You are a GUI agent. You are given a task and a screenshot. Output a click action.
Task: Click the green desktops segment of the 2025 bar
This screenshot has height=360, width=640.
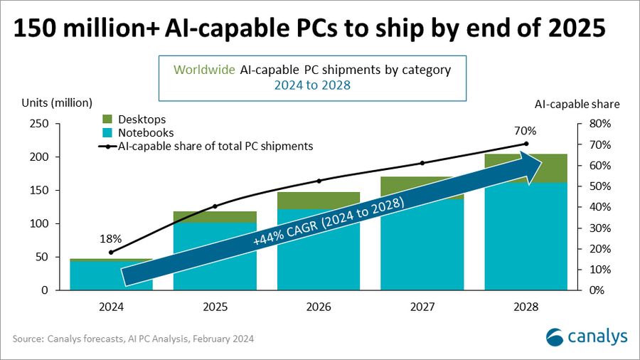click(215, 217)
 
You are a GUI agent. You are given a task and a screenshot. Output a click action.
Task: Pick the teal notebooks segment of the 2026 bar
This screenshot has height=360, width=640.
click(319, 263)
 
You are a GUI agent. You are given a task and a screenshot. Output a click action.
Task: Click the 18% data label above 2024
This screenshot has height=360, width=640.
click(111, 239)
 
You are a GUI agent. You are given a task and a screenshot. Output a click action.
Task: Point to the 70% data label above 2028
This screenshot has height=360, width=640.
click(526, 131)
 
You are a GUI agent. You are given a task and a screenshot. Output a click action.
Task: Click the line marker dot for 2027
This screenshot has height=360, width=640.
click(422, 163)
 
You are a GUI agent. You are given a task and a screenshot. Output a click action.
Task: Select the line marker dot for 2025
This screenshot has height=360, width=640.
click(215, 206)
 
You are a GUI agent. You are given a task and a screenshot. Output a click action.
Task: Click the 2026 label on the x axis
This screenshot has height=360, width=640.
click(319, 307)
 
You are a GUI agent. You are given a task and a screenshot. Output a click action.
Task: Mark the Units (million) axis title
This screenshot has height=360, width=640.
click(61, 104)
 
